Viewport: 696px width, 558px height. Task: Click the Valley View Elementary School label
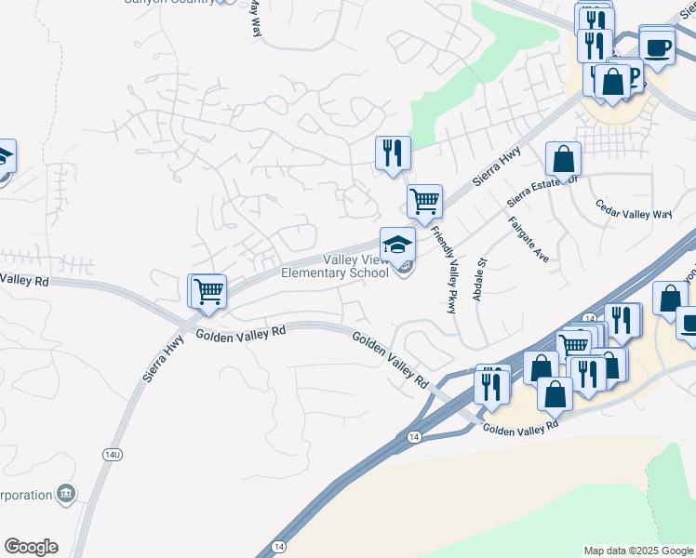click(x=335, y=266)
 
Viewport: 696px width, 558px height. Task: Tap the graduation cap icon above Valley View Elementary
click(x=397, y=245)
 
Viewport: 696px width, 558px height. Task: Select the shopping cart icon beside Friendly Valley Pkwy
click(x=424, y=200)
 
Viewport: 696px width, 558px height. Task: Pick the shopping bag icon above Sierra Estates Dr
click(x=563, y=159)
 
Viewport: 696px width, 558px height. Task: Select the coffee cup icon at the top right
click(x=657, y=46)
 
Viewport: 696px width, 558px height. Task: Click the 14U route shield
click(x=111, y=454)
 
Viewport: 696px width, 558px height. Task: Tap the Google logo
click(x=31, y=547)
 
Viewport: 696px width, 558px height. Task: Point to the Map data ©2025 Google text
click(x=638, y=551)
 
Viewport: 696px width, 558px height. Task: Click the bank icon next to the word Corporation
click(x=66, y=493)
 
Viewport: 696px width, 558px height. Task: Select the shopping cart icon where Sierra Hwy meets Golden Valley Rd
click(x=208, y=291)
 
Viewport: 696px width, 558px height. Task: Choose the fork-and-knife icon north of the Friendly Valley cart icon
click(x=393, y=153)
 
